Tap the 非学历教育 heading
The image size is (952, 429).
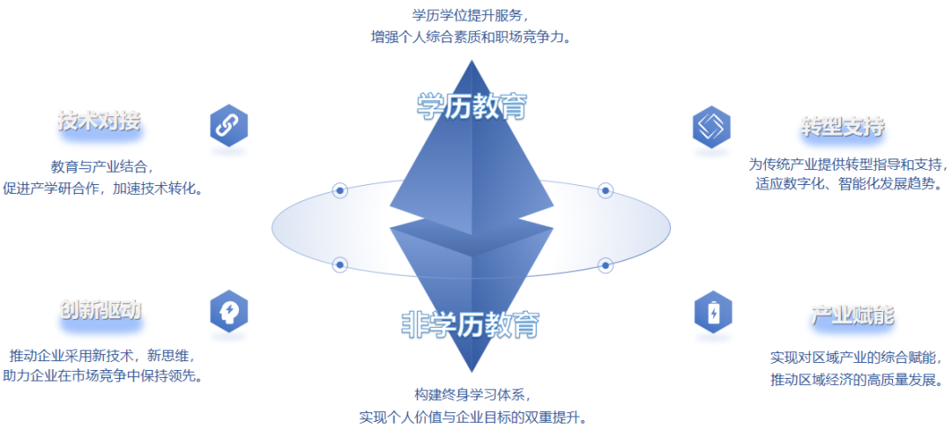(x=470, y=325)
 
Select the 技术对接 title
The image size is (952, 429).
(x=99, y=122)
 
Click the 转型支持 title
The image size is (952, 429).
(x=843, y=127)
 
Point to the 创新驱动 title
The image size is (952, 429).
(x=100, y=310)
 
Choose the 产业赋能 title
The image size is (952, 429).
(x=852, y=315)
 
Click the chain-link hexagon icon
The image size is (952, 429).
(x=229, y=125)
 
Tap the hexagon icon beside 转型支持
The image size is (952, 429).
(x=712, y=127)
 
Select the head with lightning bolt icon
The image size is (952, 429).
(x=229, y=311)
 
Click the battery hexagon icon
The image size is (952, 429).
(x=712, y=312)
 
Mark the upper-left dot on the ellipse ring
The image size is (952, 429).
(x=340, y=190)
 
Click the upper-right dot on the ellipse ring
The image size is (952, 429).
(x=606, y=190)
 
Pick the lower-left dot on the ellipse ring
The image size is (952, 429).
(x=340, y=264)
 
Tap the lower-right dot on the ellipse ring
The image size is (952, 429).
(x=606, y=264)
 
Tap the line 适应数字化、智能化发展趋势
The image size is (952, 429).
(x=849, y=184)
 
